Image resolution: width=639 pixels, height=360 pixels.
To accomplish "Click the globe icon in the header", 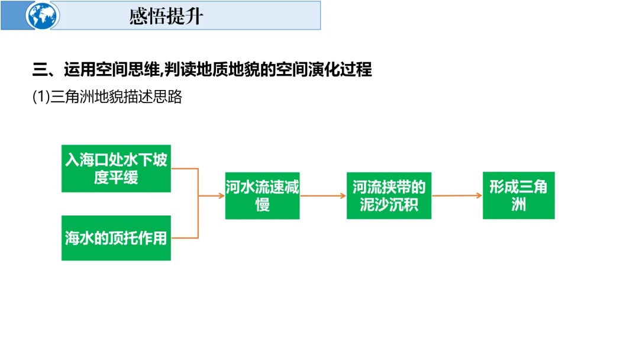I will [x=43, y=16].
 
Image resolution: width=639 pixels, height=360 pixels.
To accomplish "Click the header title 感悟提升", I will [x=166, y=16].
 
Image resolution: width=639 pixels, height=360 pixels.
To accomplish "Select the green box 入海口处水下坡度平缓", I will [x=116, y=168].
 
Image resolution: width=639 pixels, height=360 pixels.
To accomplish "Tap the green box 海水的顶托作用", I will [x=116, y=238].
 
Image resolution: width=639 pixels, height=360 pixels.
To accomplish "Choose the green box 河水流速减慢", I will [x=262, y=195].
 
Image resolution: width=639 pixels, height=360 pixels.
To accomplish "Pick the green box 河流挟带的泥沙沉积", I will [x=389, y=195].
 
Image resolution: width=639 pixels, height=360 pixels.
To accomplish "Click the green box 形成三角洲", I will [x=518, y=195].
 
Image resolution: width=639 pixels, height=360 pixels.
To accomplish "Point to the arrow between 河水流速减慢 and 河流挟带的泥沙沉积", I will [x=322, y=195].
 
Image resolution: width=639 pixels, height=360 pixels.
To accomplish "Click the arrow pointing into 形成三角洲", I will [x=456, y=195].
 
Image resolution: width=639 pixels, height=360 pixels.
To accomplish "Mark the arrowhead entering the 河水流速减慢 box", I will [x=221, y=195].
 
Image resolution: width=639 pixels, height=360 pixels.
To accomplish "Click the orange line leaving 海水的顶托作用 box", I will [x=184, y=238].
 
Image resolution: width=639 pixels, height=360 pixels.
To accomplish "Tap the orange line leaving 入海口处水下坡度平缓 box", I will [x=184, y=168].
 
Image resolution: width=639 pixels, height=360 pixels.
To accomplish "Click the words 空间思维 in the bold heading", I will [x=131, y=70].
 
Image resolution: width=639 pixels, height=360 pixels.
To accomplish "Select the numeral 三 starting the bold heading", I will [x=39, y=70].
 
